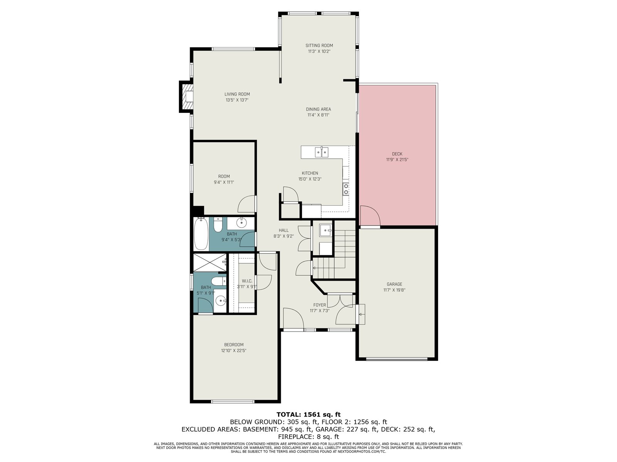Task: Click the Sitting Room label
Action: coord(319,45)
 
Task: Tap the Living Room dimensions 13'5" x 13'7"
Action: coord(237,100)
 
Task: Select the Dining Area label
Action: coord(318,109)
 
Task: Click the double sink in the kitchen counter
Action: coord(322,152)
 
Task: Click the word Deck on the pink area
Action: coord(397,154)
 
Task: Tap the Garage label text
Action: coord(394,284)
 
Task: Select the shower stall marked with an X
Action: coord(210,263)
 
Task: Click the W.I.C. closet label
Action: coord(247,281)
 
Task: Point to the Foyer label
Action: coord(320,305)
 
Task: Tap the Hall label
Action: coord(283,230)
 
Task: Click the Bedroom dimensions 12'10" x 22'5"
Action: coord(234,350)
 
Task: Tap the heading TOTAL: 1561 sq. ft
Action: coord(308,414)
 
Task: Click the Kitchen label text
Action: coord(310,173)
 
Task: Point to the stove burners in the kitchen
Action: coord(346,189)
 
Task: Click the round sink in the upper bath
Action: coord(241,223)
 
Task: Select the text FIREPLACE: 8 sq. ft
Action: coord(308,437)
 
